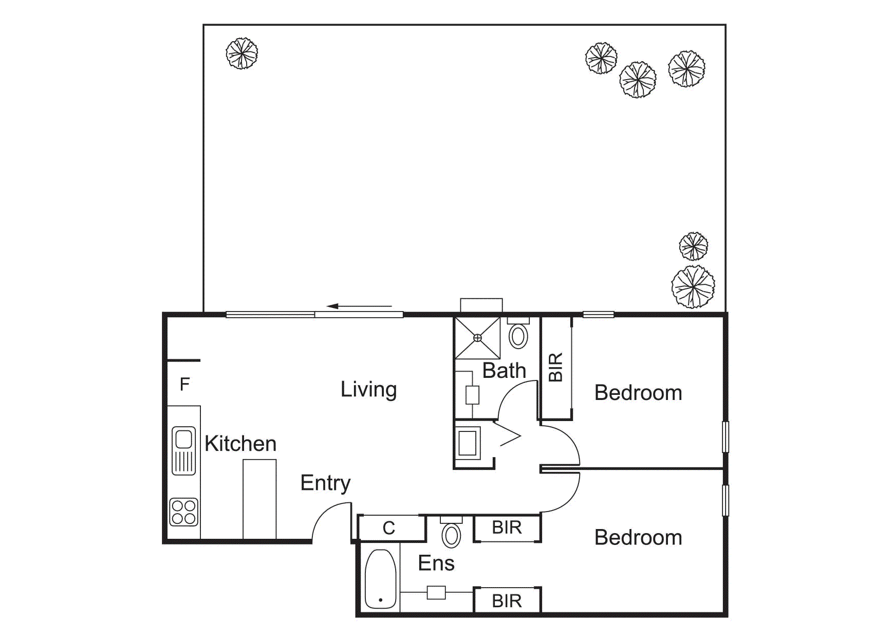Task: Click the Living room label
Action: tap(368, 390)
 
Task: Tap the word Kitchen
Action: tap(240, 444)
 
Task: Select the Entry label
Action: tap(325, 483)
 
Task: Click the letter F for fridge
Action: tap(185, 384)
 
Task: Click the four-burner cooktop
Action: tap(183, 512)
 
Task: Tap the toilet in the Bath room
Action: tap(518, 336)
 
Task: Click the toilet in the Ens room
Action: tap(451, 535)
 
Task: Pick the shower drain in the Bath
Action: tap(477, 338)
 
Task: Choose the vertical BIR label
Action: tap(556, 367)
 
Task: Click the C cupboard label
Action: tap(389, 528)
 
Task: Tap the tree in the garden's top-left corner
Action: tap(241, 53)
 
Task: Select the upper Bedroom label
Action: tap(638, 393)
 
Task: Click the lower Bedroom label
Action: tap(638, 538)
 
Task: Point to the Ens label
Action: tap(436, 563)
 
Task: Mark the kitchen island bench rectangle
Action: tap(259, 499)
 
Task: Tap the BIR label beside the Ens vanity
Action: tap(507, 600)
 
